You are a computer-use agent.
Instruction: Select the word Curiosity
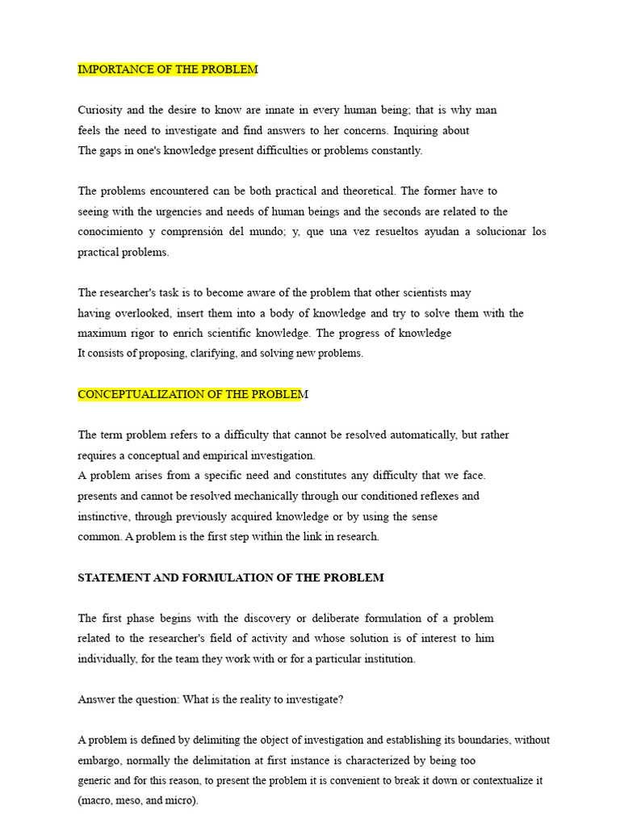click(x=101, y=110)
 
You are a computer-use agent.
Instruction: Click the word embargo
click(x=99, y=761)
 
